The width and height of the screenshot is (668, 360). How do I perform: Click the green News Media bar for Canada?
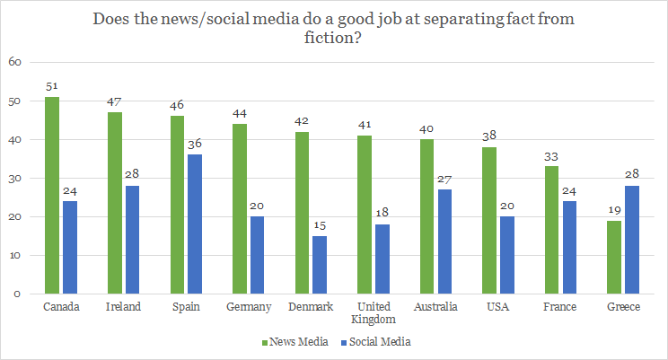[52, 195]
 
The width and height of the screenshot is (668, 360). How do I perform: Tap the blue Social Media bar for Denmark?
[320, 265]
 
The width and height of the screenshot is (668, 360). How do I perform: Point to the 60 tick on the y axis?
[14, 62]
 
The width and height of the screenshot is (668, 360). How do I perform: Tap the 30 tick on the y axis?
[14, 178]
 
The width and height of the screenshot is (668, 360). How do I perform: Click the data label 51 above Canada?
[52, 86]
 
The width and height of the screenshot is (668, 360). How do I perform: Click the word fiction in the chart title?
[333, 39]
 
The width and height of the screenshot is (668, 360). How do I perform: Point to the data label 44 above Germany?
[239, 113]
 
